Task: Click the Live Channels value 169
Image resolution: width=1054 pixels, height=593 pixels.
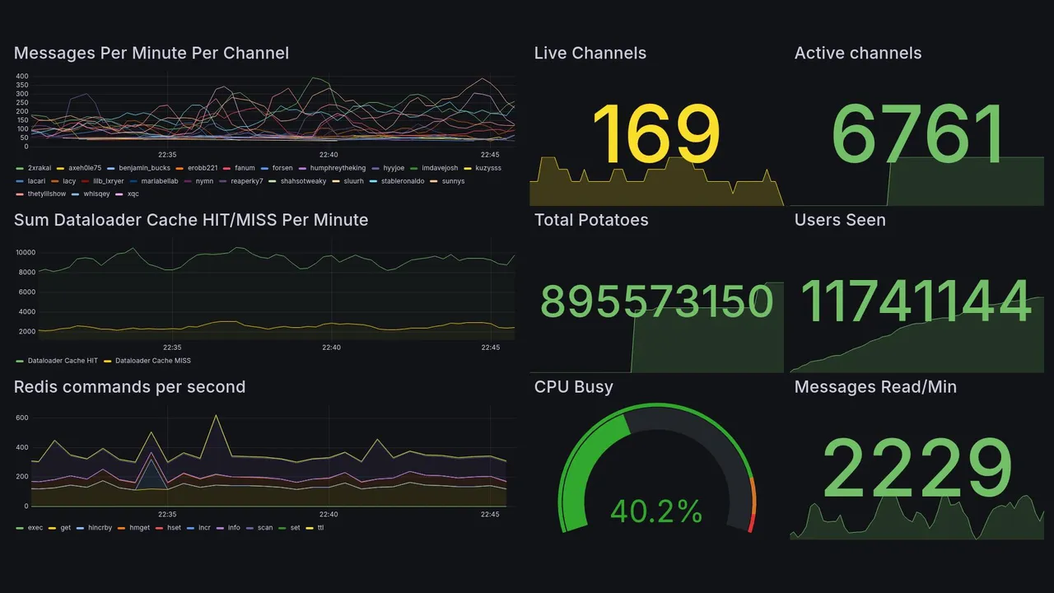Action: pyautogui.click(x=655, y=135)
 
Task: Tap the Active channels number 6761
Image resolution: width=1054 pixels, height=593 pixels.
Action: pyautogui.click(x=918, y=135)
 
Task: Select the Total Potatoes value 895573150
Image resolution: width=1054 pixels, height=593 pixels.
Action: pyautogui.click(x=657, y=302)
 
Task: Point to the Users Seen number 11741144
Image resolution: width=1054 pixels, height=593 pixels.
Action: pyautogui.click(x=916, y=302)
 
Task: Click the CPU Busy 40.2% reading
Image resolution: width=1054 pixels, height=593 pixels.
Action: pyautogui.click(x=656, y=511)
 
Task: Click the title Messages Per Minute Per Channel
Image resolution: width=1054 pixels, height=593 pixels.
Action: pyautogui.click(x=152, y=54)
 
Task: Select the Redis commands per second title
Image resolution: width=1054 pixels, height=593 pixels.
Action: pyautogui.click(x=129, y=387)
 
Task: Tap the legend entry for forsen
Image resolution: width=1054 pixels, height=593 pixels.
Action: pyautogui.click(x=282, y=168)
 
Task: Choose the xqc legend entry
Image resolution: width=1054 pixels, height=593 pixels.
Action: pyautogui.click(x=133, y=194)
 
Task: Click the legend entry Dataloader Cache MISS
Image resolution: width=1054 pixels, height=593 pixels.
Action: pyautogui.click(x=152, y=361)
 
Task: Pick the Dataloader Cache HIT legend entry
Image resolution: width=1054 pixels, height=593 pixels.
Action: pyautogui.click(x=62, y=361)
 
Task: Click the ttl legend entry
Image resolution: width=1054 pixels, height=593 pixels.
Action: pyautogui.click(x=320, y=527)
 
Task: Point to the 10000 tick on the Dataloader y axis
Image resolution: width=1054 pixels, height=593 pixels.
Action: pyautogui.click(x=25, y=253)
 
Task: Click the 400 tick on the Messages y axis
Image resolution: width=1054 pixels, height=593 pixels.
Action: pyautogui.click(x=21, y=77)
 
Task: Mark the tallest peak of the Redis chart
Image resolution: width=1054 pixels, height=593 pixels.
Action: pyautogui.click(x=216, y=415)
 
